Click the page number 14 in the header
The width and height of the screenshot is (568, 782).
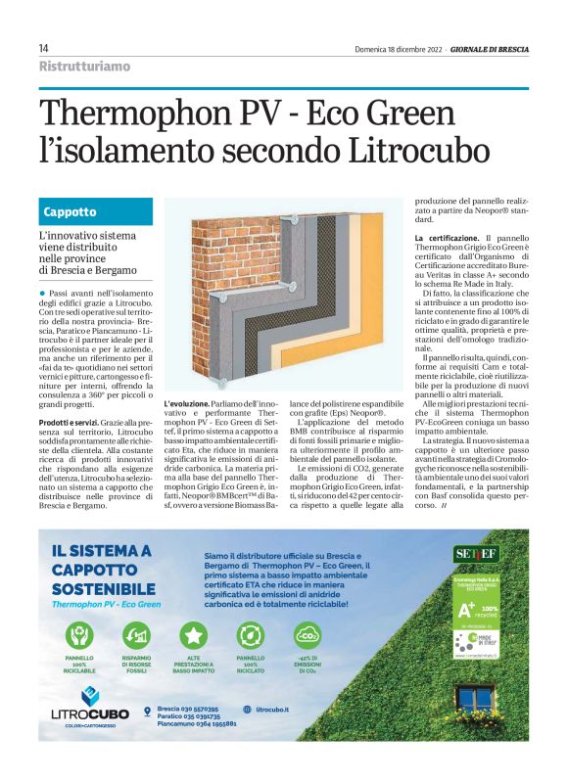click(44, 48)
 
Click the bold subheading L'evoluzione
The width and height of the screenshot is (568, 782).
click(185, 403)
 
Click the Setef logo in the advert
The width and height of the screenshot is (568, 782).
click(476, 553)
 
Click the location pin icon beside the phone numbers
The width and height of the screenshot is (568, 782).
click(147, 710)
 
